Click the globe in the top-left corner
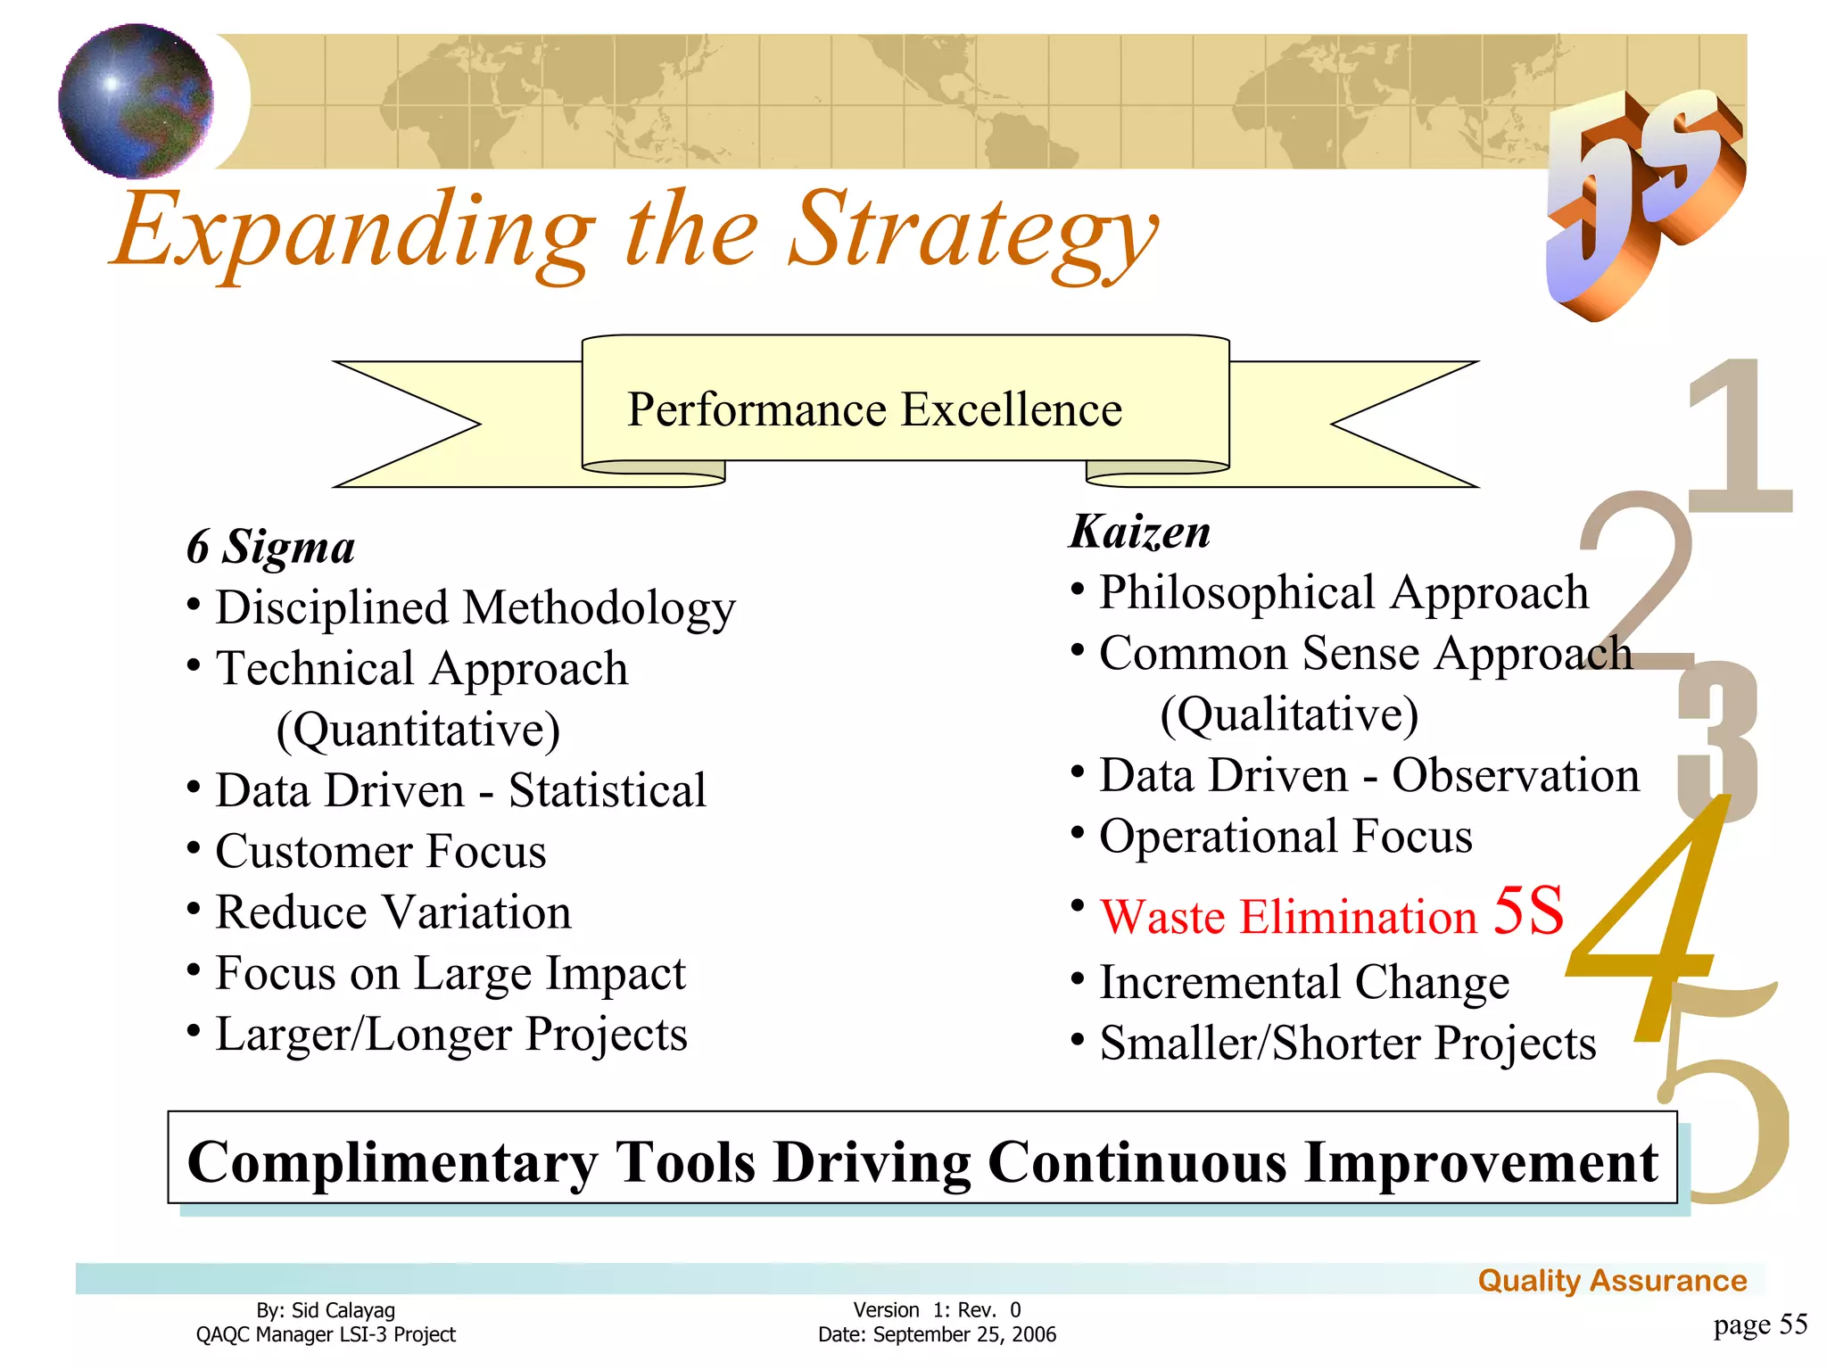pos(136,101)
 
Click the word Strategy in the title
pos(972,234)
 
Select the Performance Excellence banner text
pos(874,410)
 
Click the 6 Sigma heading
pos(270,547)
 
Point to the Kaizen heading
pos(1140,532)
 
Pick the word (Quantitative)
pos(417,730)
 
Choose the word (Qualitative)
pos(1288,714)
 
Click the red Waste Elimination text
pos(1288,917)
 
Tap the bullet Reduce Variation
pos(393,912)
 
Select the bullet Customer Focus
pos(380,852)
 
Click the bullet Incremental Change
pos(1303,983)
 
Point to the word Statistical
pos(607,791)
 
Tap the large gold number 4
pos(1650,928)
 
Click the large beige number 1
pos(1740,437)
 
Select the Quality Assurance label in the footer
pos(1611,1281)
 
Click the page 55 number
pos(1759,1325)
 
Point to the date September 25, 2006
pos(963,1335)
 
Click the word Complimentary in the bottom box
pos(393,1162)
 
